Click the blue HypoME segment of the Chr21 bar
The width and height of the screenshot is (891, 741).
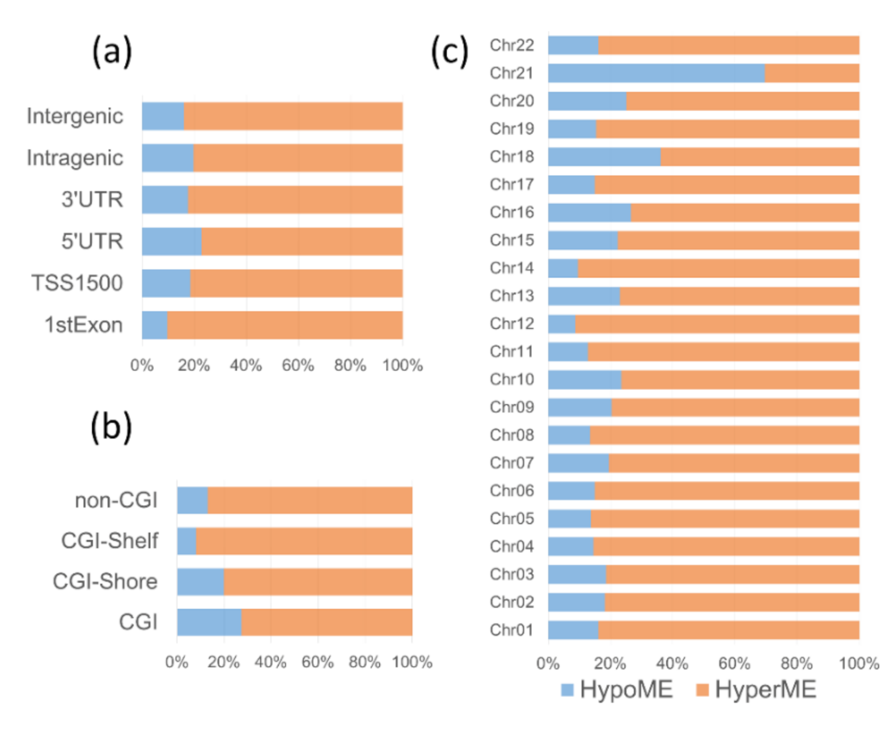point(656,73)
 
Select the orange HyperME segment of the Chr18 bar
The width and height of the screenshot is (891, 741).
point(760,156)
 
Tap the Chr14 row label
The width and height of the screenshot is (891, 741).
point(512,268)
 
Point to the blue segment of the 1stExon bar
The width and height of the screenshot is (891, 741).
point(155,325)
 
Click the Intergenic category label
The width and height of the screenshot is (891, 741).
point(75,116)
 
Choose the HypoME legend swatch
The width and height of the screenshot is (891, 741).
point(567,690)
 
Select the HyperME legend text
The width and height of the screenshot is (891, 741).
point(765,690)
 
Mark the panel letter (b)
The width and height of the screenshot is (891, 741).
point(112,427)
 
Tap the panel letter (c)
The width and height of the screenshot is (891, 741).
point(449,52)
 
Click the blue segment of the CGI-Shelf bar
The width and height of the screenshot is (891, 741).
point(186,541)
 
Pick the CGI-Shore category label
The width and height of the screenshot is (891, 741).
point(105,581)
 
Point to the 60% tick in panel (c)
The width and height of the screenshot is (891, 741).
point(734,664)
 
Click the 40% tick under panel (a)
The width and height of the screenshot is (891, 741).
point(246,365)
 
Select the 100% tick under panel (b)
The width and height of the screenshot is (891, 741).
point(412,662)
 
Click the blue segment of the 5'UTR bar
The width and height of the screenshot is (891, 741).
point(172,241)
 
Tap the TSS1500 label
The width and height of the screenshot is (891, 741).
point(77,283)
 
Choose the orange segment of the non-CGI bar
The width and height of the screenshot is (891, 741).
point(310,500)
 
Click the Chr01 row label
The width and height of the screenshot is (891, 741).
point(512,630)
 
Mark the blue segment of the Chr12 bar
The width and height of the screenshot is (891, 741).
point(561,324)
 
